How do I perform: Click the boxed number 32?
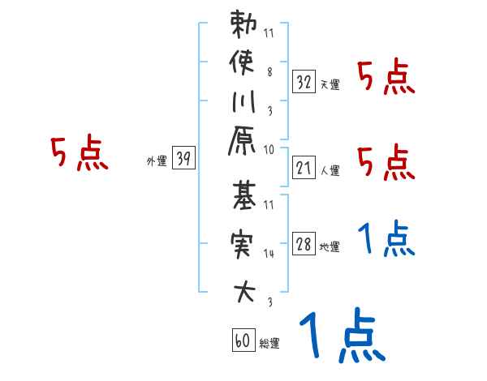click(x=304, y=81)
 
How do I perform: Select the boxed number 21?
click(x=304, y=168)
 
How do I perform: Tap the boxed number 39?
click(x=184, y=159)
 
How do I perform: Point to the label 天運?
click(x=330, y=84)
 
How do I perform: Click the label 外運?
click(x=157, y=161)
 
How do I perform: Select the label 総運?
click(x=269, y=344)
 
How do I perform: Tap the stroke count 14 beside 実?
click(x=269, y=254)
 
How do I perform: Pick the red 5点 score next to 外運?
click(x=80, y=153)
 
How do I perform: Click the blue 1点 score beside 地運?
click(x=386, y=239)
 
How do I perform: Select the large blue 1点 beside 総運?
click(x=340, y=336)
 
